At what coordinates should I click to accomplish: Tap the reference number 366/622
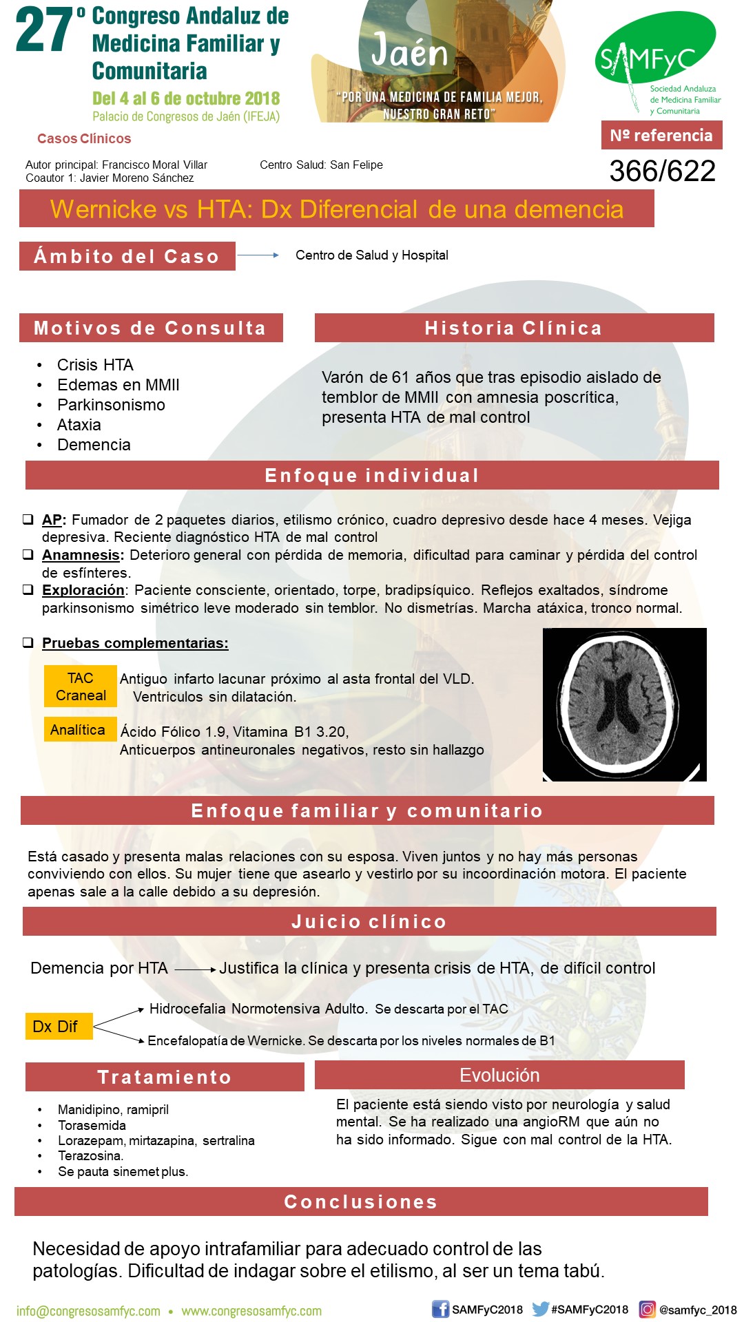pos(662,171)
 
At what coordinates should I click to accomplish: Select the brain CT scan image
pos(624,704)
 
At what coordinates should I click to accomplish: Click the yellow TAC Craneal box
pos(81,686)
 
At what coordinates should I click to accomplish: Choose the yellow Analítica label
pos(78,730)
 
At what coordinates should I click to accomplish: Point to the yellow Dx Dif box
pos(58,1026)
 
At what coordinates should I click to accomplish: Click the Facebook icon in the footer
pos(440,1309)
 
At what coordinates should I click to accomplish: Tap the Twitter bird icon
pos(541,1309)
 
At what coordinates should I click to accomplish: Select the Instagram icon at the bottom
pos(647,1309)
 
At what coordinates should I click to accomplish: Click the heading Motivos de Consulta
pos(150,328)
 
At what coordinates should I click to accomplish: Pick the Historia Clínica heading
pos(513,328)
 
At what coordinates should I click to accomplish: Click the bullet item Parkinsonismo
pos(111,405)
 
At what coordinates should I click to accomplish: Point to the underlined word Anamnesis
pos(82,555)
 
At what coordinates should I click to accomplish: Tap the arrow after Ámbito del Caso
pos(258,255)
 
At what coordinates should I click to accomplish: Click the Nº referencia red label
pos(661,135)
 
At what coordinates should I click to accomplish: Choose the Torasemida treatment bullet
pos(92,1125)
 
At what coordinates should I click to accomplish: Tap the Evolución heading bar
pos(499,1075)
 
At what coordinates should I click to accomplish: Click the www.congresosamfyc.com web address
pos(251,1311)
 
